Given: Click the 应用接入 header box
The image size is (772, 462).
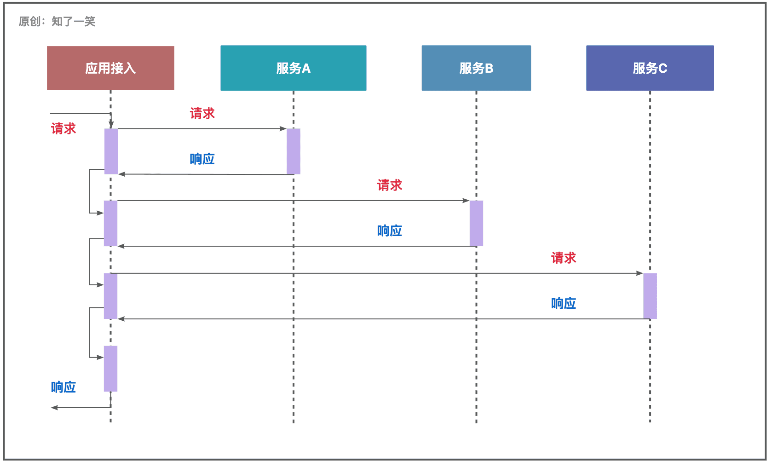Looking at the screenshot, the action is (110, 68).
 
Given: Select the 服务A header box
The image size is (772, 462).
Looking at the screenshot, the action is (293, 68).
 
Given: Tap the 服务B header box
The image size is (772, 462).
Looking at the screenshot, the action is (476, 68).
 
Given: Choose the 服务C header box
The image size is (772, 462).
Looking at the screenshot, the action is (650, 68).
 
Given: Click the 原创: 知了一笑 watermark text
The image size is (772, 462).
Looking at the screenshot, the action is (57, 21).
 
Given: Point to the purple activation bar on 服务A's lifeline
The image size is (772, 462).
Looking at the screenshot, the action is (294, 151).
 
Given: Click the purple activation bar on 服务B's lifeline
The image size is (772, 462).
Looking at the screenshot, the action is (476, 224).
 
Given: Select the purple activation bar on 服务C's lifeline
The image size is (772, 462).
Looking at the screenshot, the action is (650, 296).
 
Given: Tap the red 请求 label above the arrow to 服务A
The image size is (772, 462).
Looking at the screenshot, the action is (202, 114).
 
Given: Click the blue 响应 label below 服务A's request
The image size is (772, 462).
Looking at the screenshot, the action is (202, 159).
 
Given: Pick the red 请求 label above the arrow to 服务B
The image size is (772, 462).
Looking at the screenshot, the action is (389, 185).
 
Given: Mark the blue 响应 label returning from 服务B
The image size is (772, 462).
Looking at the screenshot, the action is (389, 231).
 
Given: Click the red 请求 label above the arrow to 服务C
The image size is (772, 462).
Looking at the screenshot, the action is (564, 258).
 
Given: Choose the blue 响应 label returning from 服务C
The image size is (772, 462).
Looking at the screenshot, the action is (564, 303).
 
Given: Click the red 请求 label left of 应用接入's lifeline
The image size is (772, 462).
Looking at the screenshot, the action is (63, 128).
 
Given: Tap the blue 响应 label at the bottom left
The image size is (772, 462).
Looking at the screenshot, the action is (63, 387).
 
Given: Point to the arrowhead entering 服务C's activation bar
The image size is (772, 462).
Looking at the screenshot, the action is (639, 273).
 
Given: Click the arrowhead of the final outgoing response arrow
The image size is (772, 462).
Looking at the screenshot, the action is (54, 408).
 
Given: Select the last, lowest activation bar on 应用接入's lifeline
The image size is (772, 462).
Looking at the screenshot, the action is (110, 369).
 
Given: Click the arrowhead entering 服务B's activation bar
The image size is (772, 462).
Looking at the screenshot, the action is (466, 201).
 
